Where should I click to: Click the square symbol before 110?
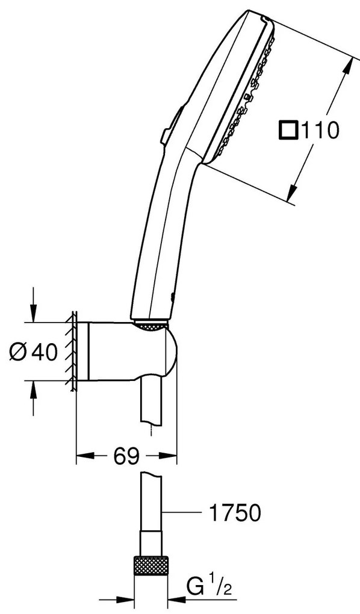click(x=288, y=130)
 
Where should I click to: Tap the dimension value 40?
click(x=45, y=352)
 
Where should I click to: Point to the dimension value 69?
click(x=126, y=456)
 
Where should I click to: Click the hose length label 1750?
click(x=235, y=513)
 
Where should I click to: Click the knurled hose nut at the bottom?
click(x=151, y=565)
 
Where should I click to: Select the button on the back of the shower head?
click(x=171, y=125)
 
